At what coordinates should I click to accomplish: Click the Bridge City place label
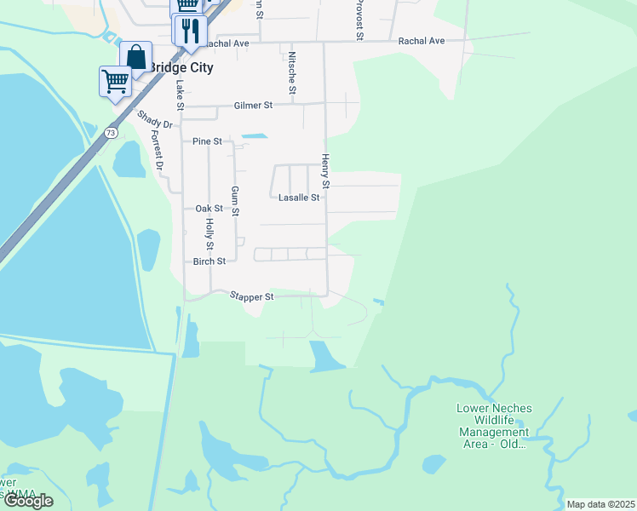181,67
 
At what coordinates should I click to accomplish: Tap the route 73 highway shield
112,133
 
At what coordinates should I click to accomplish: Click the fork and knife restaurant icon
189,31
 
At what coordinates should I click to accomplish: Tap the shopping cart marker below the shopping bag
115,82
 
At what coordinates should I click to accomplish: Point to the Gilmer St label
253,106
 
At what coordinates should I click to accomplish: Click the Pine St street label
207,141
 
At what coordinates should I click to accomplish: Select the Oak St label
209,209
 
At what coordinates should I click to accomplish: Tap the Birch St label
209,261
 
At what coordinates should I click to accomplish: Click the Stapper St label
251,297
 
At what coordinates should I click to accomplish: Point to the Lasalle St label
299,198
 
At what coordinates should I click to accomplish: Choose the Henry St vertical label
324,171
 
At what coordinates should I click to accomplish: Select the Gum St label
235,201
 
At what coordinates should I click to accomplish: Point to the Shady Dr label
154,119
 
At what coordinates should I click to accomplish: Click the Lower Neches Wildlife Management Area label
495,426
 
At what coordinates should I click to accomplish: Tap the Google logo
29,501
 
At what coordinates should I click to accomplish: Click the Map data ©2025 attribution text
600,504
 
